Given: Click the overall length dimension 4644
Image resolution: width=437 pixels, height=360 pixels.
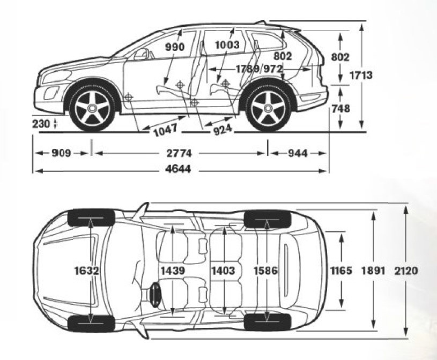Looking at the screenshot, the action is [x=178, y=169].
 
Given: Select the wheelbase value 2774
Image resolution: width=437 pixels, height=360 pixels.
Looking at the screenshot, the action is [x=179, y=153].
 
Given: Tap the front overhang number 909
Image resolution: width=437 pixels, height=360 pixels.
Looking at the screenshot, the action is [x=61, y=153].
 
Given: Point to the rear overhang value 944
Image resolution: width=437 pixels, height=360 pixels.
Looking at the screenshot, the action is [x=298, y=153].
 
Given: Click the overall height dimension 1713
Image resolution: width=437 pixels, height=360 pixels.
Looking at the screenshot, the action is [x=361, y=75].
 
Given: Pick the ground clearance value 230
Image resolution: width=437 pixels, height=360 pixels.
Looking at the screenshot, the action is [x=41, y=124].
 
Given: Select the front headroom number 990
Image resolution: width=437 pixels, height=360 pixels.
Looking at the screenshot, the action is [x=175, y=47].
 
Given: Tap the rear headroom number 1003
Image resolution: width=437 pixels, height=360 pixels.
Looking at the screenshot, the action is [x=227, y=45].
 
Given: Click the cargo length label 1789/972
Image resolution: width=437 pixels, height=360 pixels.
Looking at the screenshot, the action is [x=260, y=69].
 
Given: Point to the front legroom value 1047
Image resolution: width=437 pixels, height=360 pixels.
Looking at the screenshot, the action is [x=166, y=130].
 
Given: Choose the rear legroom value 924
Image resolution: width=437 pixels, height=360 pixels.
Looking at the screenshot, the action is [x=223, y=130].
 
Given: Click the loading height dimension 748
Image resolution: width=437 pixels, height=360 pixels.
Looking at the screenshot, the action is [x=341, y=109].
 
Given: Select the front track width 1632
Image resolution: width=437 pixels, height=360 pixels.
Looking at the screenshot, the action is [x=86, y=271].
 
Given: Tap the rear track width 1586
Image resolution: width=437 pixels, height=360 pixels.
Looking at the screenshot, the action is [x=265, y=271].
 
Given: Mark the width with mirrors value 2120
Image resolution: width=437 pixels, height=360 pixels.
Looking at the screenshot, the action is [x=406, y=271].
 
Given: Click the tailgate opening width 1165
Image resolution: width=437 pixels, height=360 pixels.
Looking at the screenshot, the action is [x=341, y=271].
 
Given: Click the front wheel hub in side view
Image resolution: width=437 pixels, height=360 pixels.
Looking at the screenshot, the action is [x=92, y=108].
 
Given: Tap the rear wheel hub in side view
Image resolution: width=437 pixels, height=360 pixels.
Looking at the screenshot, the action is [x=268, y=108].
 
